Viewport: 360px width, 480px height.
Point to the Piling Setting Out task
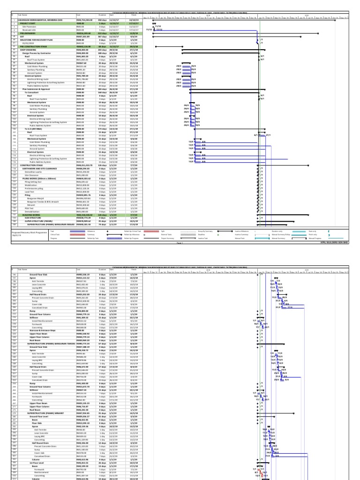(x=33, y=181)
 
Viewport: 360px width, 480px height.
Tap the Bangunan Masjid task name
(x=36, y=198)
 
